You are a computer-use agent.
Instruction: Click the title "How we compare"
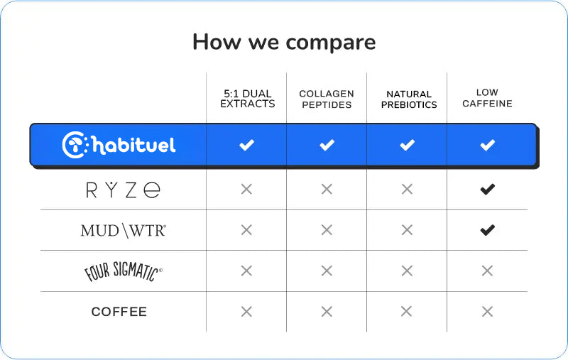284,43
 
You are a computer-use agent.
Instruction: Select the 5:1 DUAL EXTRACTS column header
247,99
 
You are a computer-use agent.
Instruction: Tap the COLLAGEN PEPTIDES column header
327,99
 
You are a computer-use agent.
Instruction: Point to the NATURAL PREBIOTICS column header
409,99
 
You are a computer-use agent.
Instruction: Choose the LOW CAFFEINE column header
487,98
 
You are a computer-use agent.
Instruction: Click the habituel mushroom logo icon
75,145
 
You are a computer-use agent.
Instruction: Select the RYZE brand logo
123,189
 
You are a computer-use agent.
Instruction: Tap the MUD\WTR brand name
123,231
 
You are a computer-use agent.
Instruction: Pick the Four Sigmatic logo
123,271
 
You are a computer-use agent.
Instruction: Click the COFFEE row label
119,312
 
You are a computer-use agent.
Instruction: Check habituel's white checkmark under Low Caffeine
488,145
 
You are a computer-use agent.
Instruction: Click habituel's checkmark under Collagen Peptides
327,145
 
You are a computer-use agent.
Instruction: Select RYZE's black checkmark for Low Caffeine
488,189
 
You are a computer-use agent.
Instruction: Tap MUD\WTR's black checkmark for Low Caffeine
488,230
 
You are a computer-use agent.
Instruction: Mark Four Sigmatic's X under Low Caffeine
487,271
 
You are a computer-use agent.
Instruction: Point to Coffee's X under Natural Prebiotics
406,311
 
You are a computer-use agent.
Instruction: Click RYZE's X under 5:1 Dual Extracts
246,189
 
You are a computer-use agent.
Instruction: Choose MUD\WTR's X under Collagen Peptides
327,230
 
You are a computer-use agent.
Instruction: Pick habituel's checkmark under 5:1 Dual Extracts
246,145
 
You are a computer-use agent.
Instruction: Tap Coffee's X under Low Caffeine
487,312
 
